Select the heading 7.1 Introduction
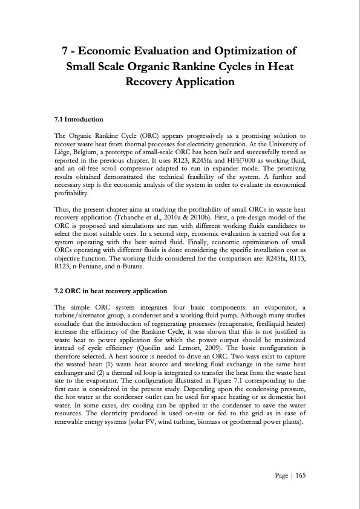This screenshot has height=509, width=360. tap(79, 119)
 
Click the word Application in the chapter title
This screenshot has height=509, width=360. tap(201, 80)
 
